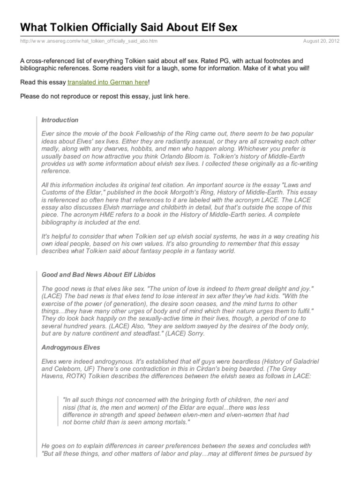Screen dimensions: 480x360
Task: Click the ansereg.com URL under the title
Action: pos(89,41)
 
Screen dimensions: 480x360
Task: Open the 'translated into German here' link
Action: pos(108,82)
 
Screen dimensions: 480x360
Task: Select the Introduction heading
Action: pos(60,120)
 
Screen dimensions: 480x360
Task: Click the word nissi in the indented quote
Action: pos(70,407)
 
